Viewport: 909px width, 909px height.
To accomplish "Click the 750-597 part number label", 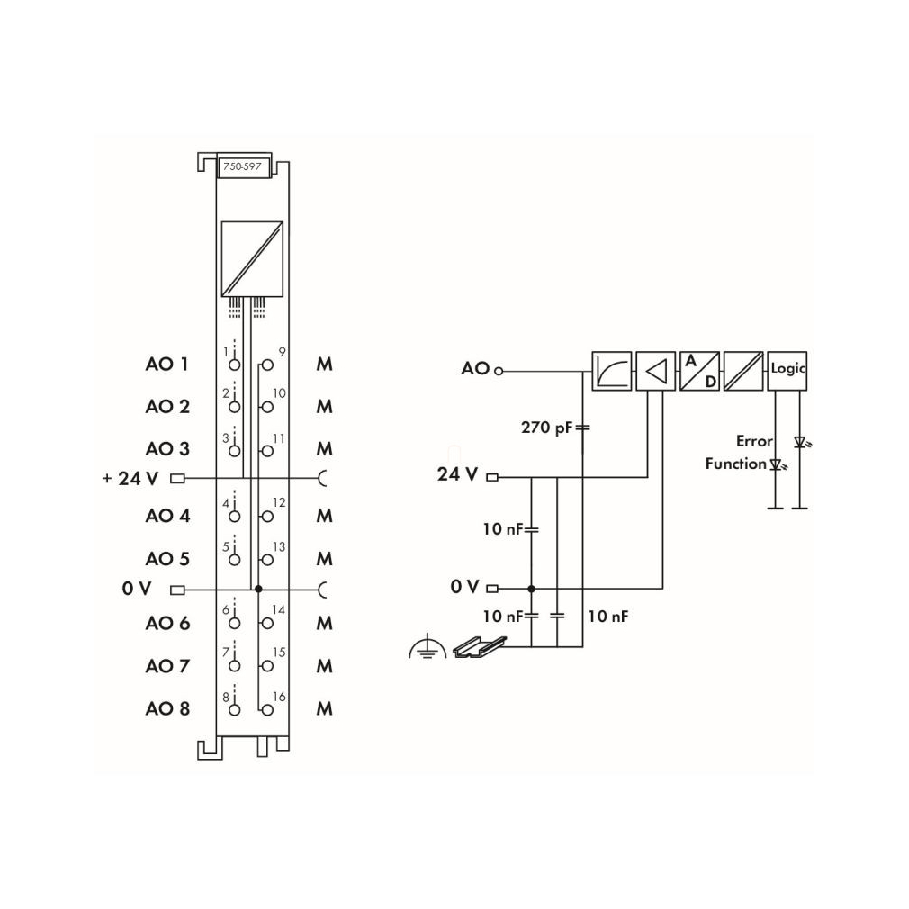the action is [x=244, y=167].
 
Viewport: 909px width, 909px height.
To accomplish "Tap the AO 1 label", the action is [x=167, y=364].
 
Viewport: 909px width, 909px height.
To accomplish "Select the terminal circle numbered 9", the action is [x=267, y=364].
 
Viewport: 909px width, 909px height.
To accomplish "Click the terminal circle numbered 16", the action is [x=267, y=709].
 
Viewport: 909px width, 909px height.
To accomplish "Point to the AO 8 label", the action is [x=167, y=708].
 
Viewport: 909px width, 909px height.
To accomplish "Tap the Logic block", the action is [x=787, y=371].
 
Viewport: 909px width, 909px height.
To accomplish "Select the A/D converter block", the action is [x=699, y=371].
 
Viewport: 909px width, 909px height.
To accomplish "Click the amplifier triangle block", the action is [x=656, y=371].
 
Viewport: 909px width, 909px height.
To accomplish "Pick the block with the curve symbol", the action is [x=612, y=371].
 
